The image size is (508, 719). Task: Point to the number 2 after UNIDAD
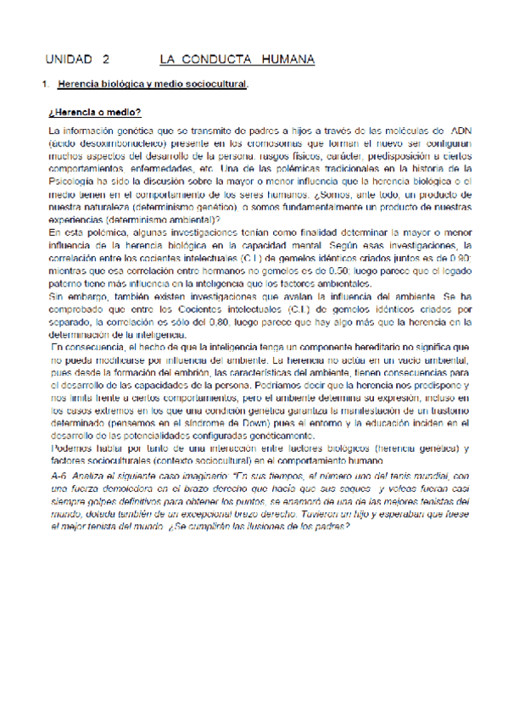pos(107,60)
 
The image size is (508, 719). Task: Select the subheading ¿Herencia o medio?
pos(95,112)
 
